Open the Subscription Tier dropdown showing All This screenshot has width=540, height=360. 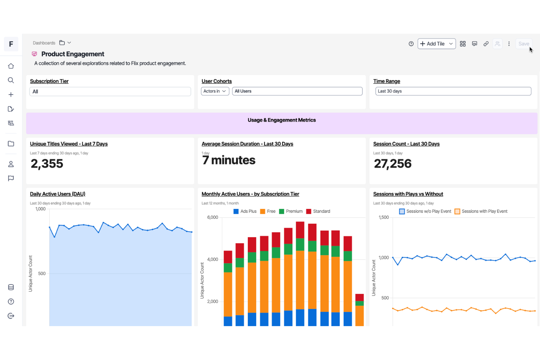coord(110,92)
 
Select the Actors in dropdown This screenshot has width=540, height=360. coord(215,91)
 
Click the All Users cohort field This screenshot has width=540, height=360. coord(297,91)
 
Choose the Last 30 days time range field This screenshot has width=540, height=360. coord(453,91)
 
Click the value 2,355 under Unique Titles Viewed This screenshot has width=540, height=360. coord(47,164)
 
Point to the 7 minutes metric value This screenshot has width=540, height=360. coord(229,160)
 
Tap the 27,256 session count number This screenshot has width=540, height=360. coord(393,164)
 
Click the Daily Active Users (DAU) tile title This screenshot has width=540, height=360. coord(58,194)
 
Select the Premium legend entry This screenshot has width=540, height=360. coord(291,212)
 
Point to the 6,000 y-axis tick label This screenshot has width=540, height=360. coord(213,217)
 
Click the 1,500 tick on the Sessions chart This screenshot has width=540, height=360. coord(384,217)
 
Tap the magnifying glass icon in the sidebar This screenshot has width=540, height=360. coord(11,80)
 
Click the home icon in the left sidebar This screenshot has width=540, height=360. coord(11,66)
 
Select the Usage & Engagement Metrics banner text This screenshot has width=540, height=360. coord(282,120)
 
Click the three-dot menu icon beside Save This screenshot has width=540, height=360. coord(509,44)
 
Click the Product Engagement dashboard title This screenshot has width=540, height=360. coord(73,54)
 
